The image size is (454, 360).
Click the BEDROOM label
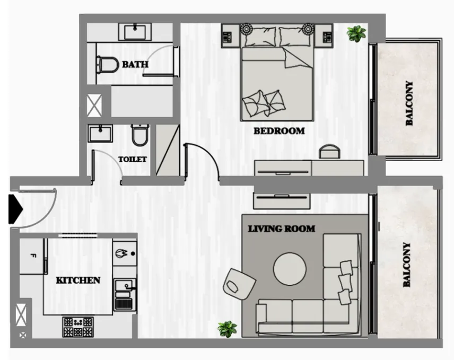279,131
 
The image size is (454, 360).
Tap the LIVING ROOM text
282,229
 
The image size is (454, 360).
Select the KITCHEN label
78,280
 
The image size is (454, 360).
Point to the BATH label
135,64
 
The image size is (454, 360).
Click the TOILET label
132,159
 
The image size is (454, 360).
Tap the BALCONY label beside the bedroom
409,103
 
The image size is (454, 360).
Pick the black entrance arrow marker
15,209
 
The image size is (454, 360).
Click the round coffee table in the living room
290,269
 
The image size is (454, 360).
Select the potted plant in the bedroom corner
356,33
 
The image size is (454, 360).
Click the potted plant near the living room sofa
228,329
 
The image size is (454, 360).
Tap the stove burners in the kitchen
78,327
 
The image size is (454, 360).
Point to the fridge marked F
32,256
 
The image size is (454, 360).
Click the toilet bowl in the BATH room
108,65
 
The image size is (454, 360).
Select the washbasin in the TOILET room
100,134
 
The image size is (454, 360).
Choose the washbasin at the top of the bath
135,32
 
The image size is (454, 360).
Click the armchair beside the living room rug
239,284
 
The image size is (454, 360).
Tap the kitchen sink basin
125,285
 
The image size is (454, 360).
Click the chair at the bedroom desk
329,151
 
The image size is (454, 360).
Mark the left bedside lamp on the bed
247,29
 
